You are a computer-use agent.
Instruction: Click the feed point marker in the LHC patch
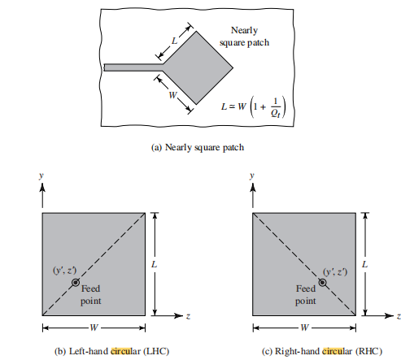[x=76, y=283]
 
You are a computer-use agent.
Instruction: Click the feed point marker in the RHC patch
[x=322, y=283]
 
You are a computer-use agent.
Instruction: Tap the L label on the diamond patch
[x=174, y=41]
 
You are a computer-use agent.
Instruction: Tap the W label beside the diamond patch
[x=172, y=95]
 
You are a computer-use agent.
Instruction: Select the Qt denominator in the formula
[x=275, y=113]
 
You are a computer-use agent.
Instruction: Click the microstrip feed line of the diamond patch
[x=133, y=67]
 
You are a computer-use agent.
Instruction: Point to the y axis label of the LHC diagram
[x=41, y=176]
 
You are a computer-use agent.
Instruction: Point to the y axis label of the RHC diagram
[x=252, y=176]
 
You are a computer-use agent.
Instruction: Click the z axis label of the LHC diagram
[x=188, y=316]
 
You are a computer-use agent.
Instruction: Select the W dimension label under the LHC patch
[x=94, y=327]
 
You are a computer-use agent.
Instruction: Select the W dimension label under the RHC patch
[x=304, y=327]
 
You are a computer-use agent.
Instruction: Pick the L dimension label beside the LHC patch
[x=155, y=264]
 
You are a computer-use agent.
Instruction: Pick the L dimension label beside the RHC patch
[x=365, y=264]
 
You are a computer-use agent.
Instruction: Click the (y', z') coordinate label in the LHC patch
[x=64, y=271]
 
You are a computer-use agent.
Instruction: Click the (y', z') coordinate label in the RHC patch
[x=335, y=271]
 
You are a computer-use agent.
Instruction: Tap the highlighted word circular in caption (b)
[x=125, y=351]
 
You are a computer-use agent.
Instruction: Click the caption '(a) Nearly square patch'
[x=198, y=147]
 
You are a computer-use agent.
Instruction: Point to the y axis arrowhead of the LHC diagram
[x=42, y=188]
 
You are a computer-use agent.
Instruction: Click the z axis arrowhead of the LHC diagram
[x=178, y=315]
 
